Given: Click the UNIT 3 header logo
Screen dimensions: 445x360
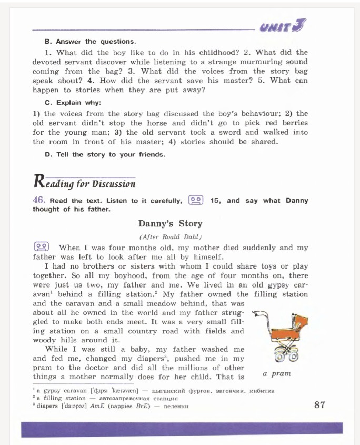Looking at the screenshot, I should click(x=283, y=25).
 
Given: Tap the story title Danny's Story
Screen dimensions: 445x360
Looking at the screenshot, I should click(x=170, y=223).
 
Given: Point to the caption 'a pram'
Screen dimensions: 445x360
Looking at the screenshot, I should click(x=277, y=373).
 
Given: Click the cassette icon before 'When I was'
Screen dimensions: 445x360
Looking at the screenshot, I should click(x=42, y=247).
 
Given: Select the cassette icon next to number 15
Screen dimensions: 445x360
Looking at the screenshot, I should click(x=196, y=200).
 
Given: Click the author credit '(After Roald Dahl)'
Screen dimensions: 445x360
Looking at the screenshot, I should click(x=170, y=236).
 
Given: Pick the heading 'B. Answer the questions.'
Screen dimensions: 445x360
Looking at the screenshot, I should click(x=90, y=41).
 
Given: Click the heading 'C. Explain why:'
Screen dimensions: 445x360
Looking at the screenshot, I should click(x=73, y=103).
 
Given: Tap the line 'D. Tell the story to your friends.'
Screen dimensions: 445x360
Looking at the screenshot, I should click(x=105, y=154).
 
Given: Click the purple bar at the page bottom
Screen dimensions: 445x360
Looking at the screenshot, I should click(x=182, y=429).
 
